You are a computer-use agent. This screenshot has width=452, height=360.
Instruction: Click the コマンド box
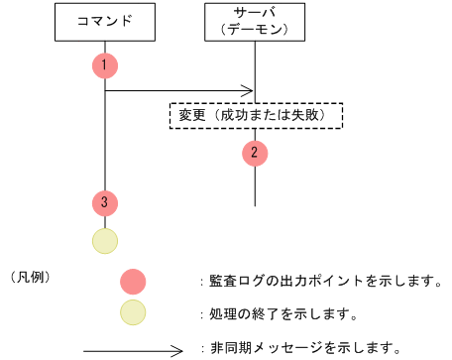[x=105, y=21]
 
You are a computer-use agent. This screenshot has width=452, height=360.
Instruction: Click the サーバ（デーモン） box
[x=257, y=21]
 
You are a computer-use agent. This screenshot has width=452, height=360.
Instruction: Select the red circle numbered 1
[x=105, y=65]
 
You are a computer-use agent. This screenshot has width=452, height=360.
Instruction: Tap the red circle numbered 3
[x=105, y=202]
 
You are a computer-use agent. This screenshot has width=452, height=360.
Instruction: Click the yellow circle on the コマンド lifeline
[x=105, y=240]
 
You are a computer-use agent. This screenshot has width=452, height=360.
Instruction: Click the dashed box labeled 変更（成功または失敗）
[x=256, y=115]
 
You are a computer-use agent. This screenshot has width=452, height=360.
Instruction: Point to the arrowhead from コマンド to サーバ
[x=249, y=91]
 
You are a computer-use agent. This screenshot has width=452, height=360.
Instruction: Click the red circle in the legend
[x=133, y=282]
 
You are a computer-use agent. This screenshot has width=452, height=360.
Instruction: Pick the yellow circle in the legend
[x=133, y=314]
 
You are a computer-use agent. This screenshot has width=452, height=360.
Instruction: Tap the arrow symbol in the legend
[x=133, y=348]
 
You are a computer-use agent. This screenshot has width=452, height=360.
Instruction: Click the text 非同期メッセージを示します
[x=302, y=348]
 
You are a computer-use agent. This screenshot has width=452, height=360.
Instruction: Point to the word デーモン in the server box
[x=257, y=30]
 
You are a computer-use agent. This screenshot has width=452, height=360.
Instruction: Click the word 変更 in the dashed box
[x=192, y=115]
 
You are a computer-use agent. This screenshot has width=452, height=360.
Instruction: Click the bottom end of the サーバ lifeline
[x=256, y=204]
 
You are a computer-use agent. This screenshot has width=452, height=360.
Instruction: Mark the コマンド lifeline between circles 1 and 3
[x=105, y=139]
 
